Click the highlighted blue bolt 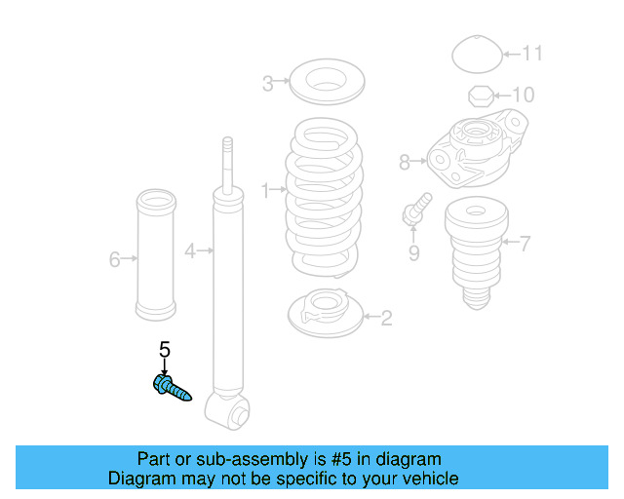click(172, 388)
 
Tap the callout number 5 click(164, 349)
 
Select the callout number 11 click(531, 53)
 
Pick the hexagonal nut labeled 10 click(480, 96)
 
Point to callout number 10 click(524, 96)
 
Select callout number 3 click(268, 84)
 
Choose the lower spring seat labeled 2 click(326, 312)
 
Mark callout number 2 click(386, 317)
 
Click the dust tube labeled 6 click(155, 258)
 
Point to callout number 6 click(114, 259)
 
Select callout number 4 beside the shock click(190, 250)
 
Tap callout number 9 click(413, 253)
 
